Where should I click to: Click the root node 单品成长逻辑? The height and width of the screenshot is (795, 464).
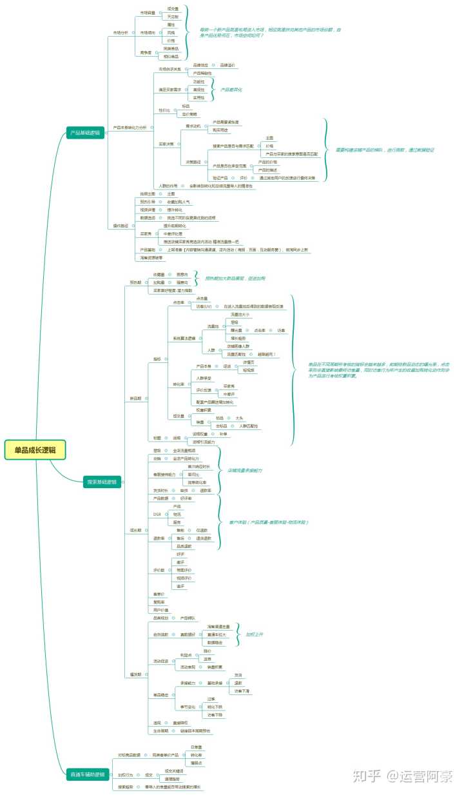[35, 450]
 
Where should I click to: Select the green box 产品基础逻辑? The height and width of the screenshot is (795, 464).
[84, 133]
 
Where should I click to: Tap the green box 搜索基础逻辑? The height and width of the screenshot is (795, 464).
[103, 482]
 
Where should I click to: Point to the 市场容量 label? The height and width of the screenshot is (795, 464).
[148, 12]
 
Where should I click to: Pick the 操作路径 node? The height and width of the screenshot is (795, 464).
[121, 226]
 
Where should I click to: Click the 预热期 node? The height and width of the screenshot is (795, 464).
[135, 282]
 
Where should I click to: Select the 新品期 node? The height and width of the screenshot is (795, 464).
[135, 398]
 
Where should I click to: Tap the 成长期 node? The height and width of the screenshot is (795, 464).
[135, 529]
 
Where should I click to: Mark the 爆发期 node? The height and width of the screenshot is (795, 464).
[135, 674]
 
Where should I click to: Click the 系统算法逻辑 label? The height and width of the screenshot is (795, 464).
[184, 339]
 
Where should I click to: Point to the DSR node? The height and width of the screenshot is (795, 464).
[157, 514]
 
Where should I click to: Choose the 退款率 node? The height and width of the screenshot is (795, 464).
[159, 538]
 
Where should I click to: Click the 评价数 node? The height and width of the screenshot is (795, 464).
[159, 570]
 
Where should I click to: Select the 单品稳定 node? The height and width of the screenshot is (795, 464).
[160, 694]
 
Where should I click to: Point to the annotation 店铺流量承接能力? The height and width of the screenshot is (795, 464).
[245, 470]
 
